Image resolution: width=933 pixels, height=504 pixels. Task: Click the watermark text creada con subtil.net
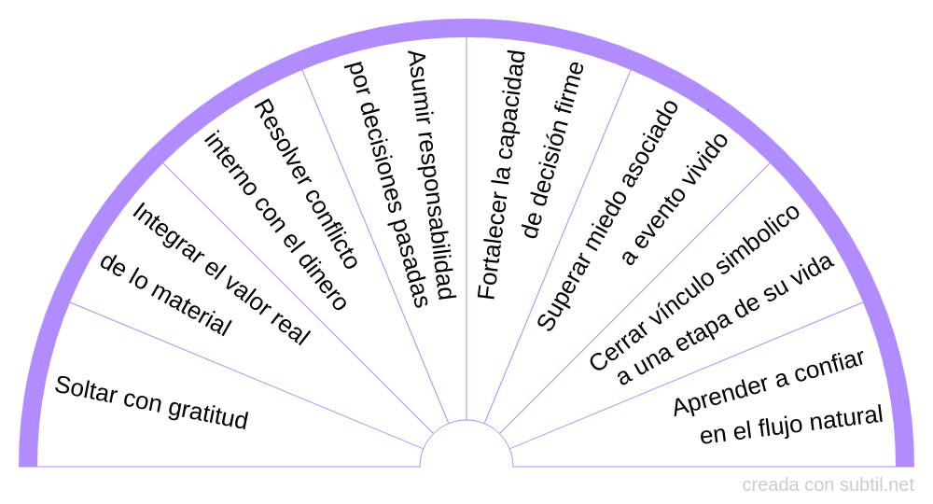pos(828,485)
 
